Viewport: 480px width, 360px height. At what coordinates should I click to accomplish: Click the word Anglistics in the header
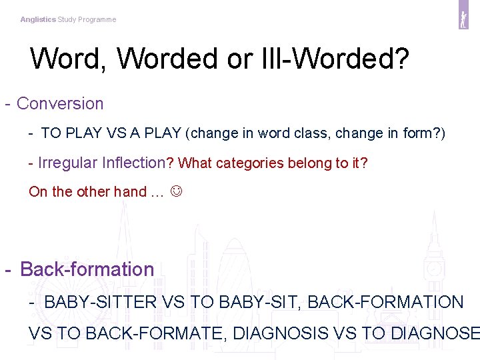pos(38,19)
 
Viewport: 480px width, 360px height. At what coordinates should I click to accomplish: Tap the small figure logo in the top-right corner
pos(463,19)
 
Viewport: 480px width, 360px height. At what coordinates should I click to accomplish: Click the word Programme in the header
pos(97,19)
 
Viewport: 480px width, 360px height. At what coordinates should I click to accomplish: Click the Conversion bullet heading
pos(60,104)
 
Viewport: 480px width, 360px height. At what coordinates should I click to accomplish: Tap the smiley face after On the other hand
pos(177,192)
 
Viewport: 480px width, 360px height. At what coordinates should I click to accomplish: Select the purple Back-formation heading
pos(87,270)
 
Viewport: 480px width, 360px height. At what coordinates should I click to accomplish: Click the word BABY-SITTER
pos(100,302)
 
